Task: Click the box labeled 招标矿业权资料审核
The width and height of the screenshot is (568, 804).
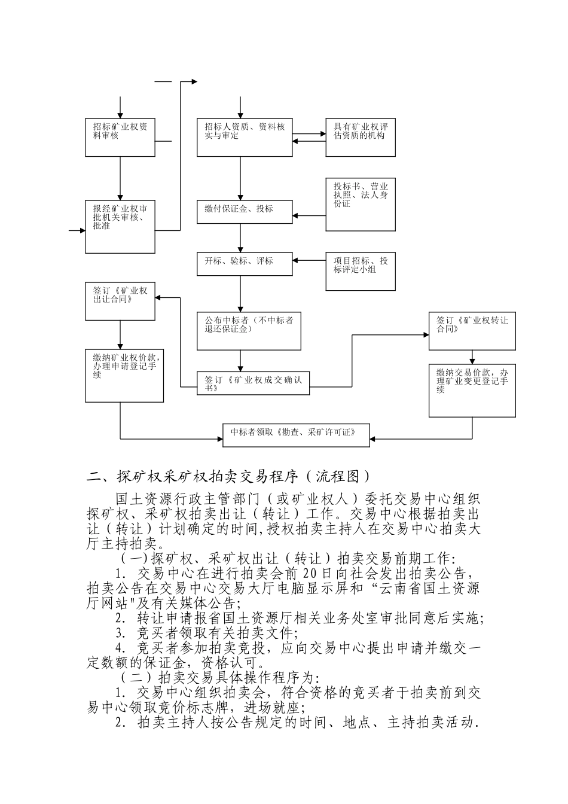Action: pyautogui.click(x=121, y=138)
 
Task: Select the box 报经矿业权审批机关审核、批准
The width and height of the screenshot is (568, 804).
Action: pyautogui.click(x=121, y=227)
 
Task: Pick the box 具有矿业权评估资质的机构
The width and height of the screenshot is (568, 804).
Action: pyautogui.click(x=361, y=138)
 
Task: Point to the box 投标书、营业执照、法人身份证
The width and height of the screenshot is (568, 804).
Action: pyautogui.click(x=361, y=204)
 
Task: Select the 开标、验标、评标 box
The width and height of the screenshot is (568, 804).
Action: pyautogui.click(x=244, y=264)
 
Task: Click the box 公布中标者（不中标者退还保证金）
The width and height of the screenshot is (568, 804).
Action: pyautogui.click(x=249, y=331)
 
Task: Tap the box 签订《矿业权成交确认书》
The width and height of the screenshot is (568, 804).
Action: pyautogui.click(x=254, y=383)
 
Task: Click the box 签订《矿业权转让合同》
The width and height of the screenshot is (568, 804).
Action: pyautogui.click(x=472, y=331)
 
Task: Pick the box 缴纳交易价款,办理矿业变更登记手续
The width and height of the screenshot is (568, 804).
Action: pyautogui.click(x=472, y=391)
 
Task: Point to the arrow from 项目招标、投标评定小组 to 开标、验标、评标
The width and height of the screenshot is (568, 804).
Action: pyautogui.click(x=309, y=261)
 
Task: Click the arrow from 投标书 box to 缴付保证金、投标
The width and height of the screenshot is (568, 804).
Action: pyautogui.click(x=309, y=215)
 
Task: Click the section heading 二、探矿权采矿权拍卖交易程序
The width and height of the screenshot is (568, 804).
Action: pyautogui.click(x=229, y=477)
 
